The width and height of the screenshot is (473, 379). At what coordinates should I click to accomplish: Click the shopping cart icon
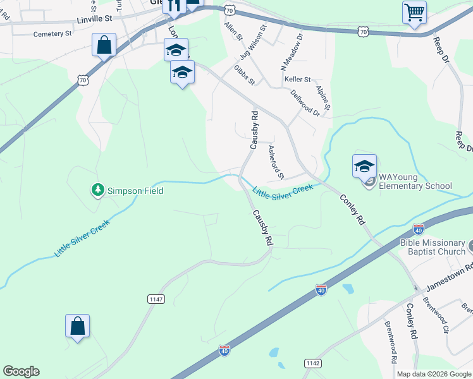414,11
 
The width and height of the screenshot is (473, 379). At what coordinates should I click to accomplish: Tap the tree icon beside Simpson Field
97,189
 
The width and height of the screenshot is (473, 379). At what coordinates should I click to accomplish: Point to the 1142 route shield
312,363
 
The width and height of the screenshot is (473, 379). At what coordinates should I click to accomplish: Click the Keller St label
298,80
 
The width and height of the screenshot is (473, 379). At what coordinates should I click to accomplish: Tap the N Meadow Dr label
282,52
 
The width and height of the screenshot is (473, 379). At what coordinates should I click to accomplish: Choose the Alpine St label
324,99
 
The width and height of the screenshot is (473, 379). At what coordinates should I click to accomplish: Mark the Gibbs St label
243,75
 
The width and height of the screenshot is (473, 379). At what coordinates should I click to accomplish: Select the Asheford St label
276,162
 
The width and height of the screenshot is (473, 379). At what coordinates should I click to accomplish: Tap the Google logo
21,371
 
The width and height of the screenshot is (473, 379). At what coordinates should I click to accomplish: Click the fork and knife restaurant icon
173,5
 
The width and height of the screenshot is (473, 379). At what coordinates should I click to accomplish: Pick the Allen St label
233,32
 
